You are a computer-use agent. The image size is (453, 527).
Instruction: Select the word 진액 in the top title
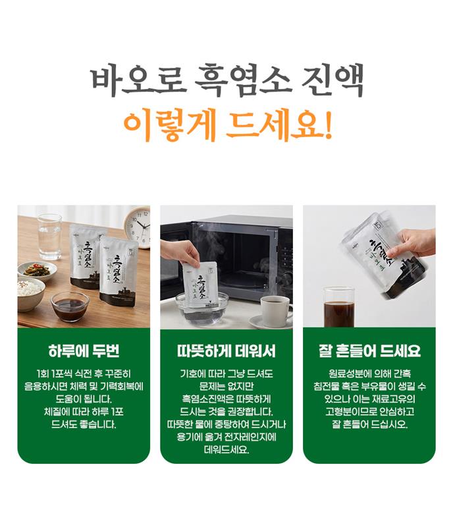pyautogui.click(x=332, y=81)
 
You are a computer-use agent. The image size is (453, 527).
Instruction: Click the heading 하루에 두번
pyautogui.click(x=84, y=351)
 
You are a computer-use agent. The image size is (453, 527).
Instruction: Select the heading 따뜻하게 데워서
pyautogui.click(x=226, y=351)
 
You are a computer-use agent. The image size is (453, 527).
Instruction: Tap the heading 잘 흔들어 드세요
pyautogui.click(x=369, y=351)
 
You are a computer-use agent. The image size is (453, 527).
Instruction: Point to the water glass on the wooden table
pyautogui.click(x=49, y=237)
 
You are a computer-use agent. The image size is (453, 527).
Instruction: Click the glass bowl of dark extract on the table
pyautogui.click(x=70, y=306)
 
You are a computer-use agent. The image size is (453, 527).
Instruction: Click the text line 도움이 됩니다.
pyautogui.click(x=84, y=399)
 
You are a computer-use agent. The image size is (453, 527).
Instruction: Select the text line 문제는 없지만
pyautogui.click(x=226, y=387)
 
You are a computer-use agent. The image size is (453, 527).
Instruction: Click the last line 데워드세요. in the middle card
pyautogui.click(x=226, y=450)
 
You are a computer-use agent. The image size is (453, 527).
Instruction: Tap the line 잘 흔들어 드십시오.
pyautogui.click(x=369, y=424)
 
